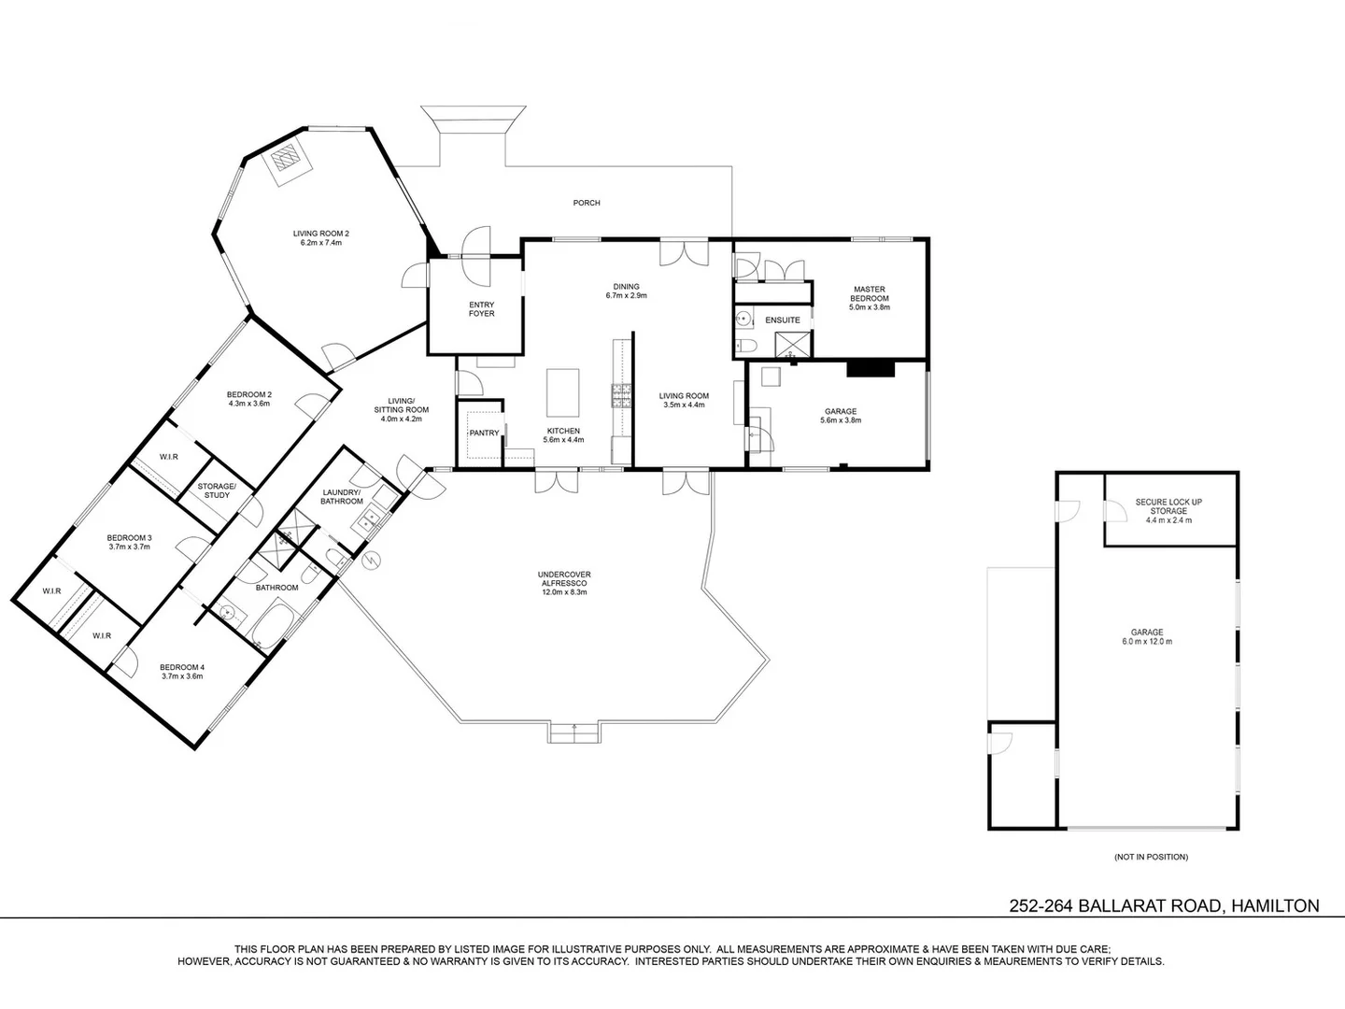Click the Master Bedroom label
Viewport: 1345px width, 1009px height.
(869, 293)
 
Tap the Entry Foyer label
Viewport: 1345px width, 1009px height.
(482, 309)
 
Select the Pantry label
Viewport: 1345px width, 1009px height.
(484, 433)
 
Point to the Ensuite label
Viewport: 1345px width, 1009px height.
(783, 320)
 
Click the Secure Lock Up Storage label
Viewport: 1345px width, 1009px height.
(1168, 506)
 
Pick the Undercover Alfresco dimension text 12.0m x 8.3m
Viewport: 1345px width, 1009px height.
(564, 592)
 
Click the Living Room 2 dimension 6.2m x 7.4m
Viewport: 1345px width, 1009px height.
(321, 243)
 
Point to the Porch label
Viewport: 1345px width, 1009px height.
(587, 203)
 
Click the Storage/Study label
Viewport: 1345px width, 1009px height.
(217, 490)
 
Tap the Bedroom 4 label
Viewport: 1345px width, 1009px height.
(182, 667)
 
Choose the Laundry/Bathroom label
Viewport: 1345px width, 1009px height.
(342, 497)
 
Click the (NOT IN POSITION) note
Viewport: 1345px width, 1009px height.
(1151, 857)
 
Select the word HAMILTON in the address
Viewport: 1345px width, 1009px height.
(1275, 905)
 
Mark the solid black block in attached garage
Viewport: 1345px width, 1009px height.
(871, 369)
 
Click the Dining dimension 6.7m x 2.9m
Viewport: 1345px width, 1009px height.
(626, 295)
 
